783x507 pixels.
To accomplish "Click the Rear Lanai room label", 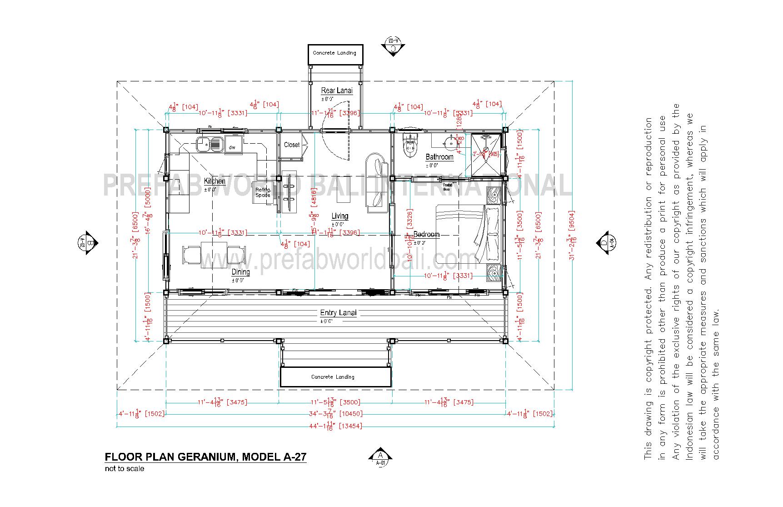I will coord(337,90).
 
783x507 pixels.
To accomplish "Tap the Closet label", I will coord(292,145).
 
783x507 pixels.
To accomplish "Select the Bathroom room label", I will coord(439,157).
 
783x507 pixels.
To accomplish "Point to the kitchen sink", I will coord(210,145).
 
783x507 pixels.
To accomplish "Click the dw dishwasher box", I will coord(233,147).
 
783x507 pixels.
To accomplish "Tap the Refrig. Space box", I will coord(263,193).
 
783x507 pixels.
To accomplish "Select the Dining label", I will coord(241,272).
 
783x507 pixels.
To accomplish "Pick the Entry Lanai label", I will coord(338,313).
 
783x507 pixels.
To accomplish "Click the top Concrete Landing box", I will coord(335,53).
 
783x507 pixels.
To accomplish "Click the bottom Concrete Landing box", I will coord(335,377).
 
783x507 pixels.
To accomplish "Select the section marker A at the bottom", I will coord(380,457).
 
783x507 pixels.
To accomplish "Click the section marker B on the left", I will coord(87,243).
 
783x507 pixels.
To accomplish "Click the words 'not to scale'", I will coord(125,469).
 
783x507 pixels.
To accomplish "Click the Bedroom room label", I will coord(426,234).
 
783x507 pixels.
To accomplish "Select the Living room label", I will coord(339,216).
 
